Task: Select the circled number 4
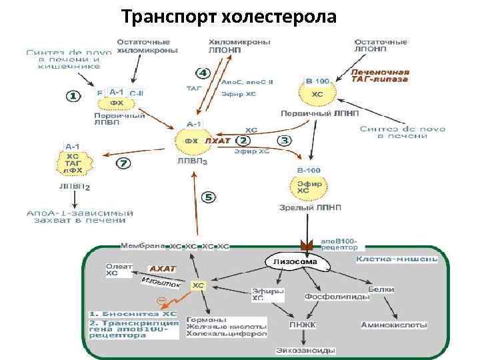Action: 202,73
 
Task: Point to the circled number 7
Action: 124,163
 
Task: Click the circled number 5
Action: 209,197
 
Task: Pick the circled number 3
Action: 285,141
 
